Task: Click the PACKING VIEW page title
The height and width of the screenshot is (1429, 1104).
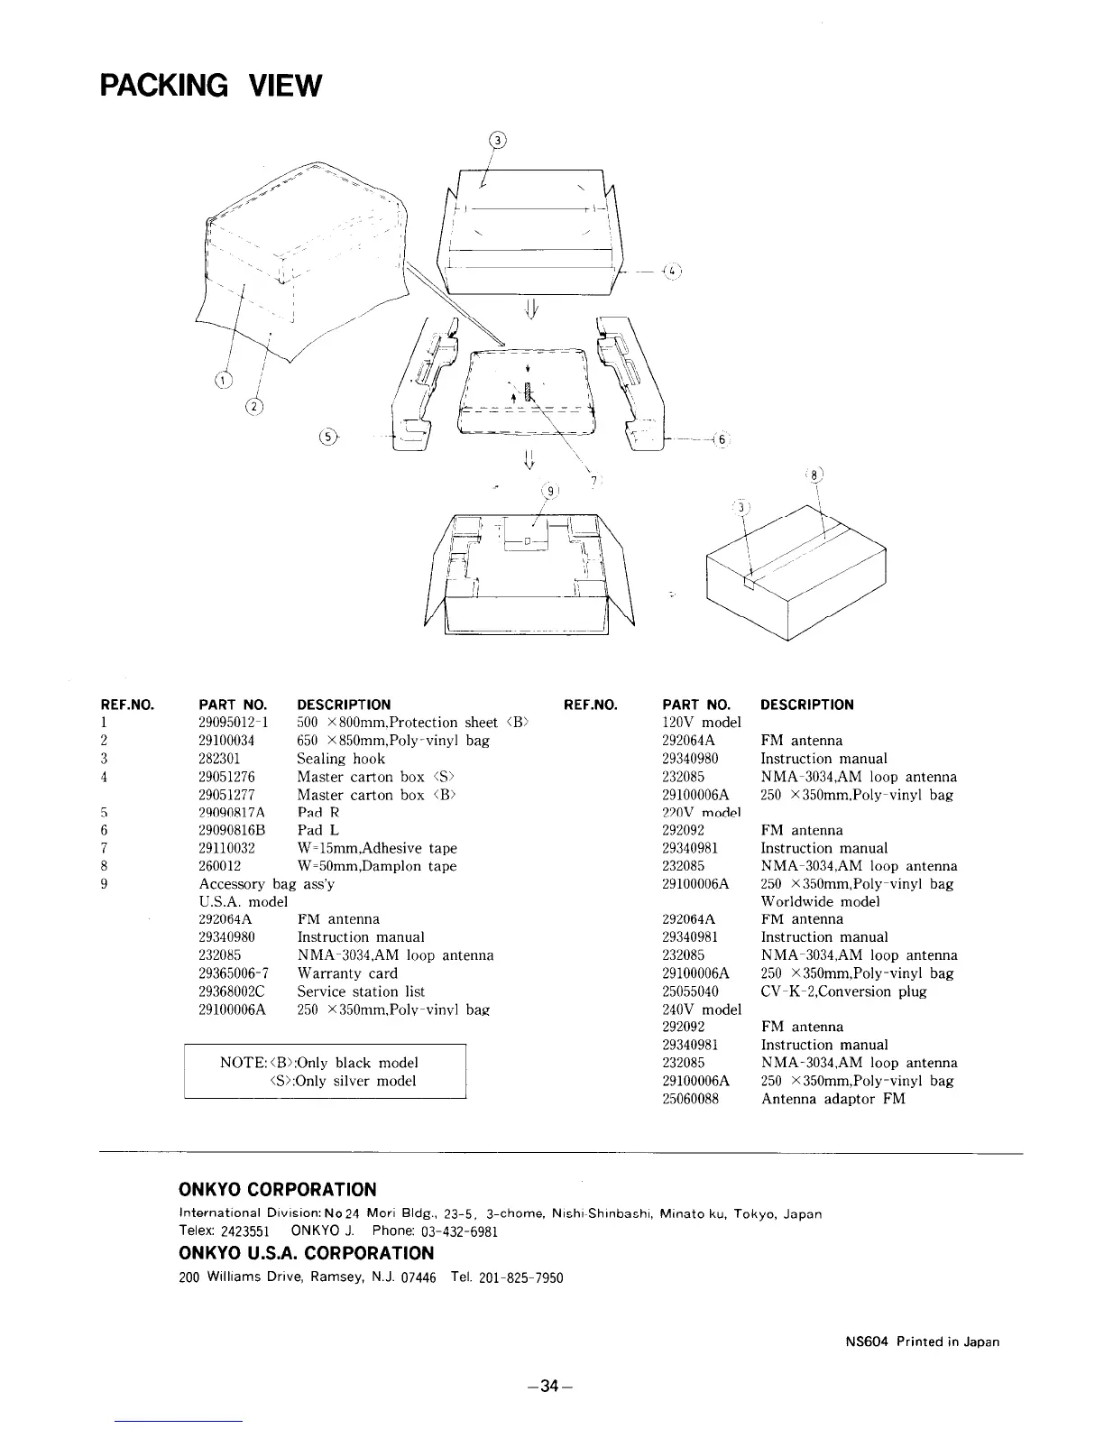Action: (x=210, y=86)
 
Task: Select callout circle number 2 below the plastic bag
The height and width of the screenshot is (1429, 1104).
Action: (x=254, y=407)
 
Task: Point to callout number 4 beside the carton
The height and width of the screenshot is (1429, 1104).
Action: (x=673, y=269)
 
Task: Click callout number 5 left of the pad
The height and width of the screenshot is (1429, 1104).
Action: (x=329, y=437)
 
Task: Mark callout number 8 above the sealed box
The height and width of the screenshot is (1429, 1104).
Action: (x=814, y=476)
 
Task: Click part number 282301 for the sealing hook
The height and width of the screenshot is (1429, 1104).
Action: (x=218, y=759)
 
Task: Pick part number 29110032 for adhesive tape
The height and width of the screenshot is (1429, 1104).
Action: (x=226, y=848)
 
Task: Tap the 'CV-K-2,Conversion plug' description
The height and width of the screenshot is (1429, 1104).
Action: (x=843, y=991)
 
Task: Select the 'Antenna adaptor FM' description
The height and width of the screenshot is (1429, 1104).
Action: (x=833, y=1099)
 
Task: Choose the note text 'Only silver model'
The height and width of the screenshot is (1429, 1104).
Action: (x=343, y=1081)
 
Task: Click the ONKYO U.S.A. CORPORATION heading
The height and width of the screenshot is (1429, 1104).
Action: (x=307, y=1253)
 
